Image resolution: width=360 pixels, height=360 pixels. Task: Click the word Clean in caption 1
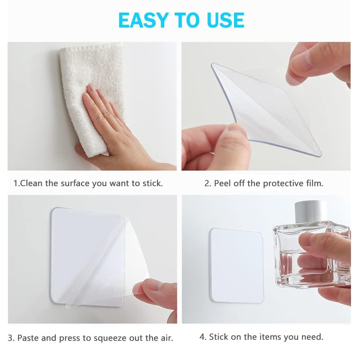[x=32, y=183]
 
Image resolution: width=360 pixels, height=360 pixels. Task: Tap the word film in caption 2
[x=314, y=183]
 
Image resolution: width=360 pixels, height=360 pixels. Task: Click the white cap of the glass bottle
[x=310, y=211]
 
